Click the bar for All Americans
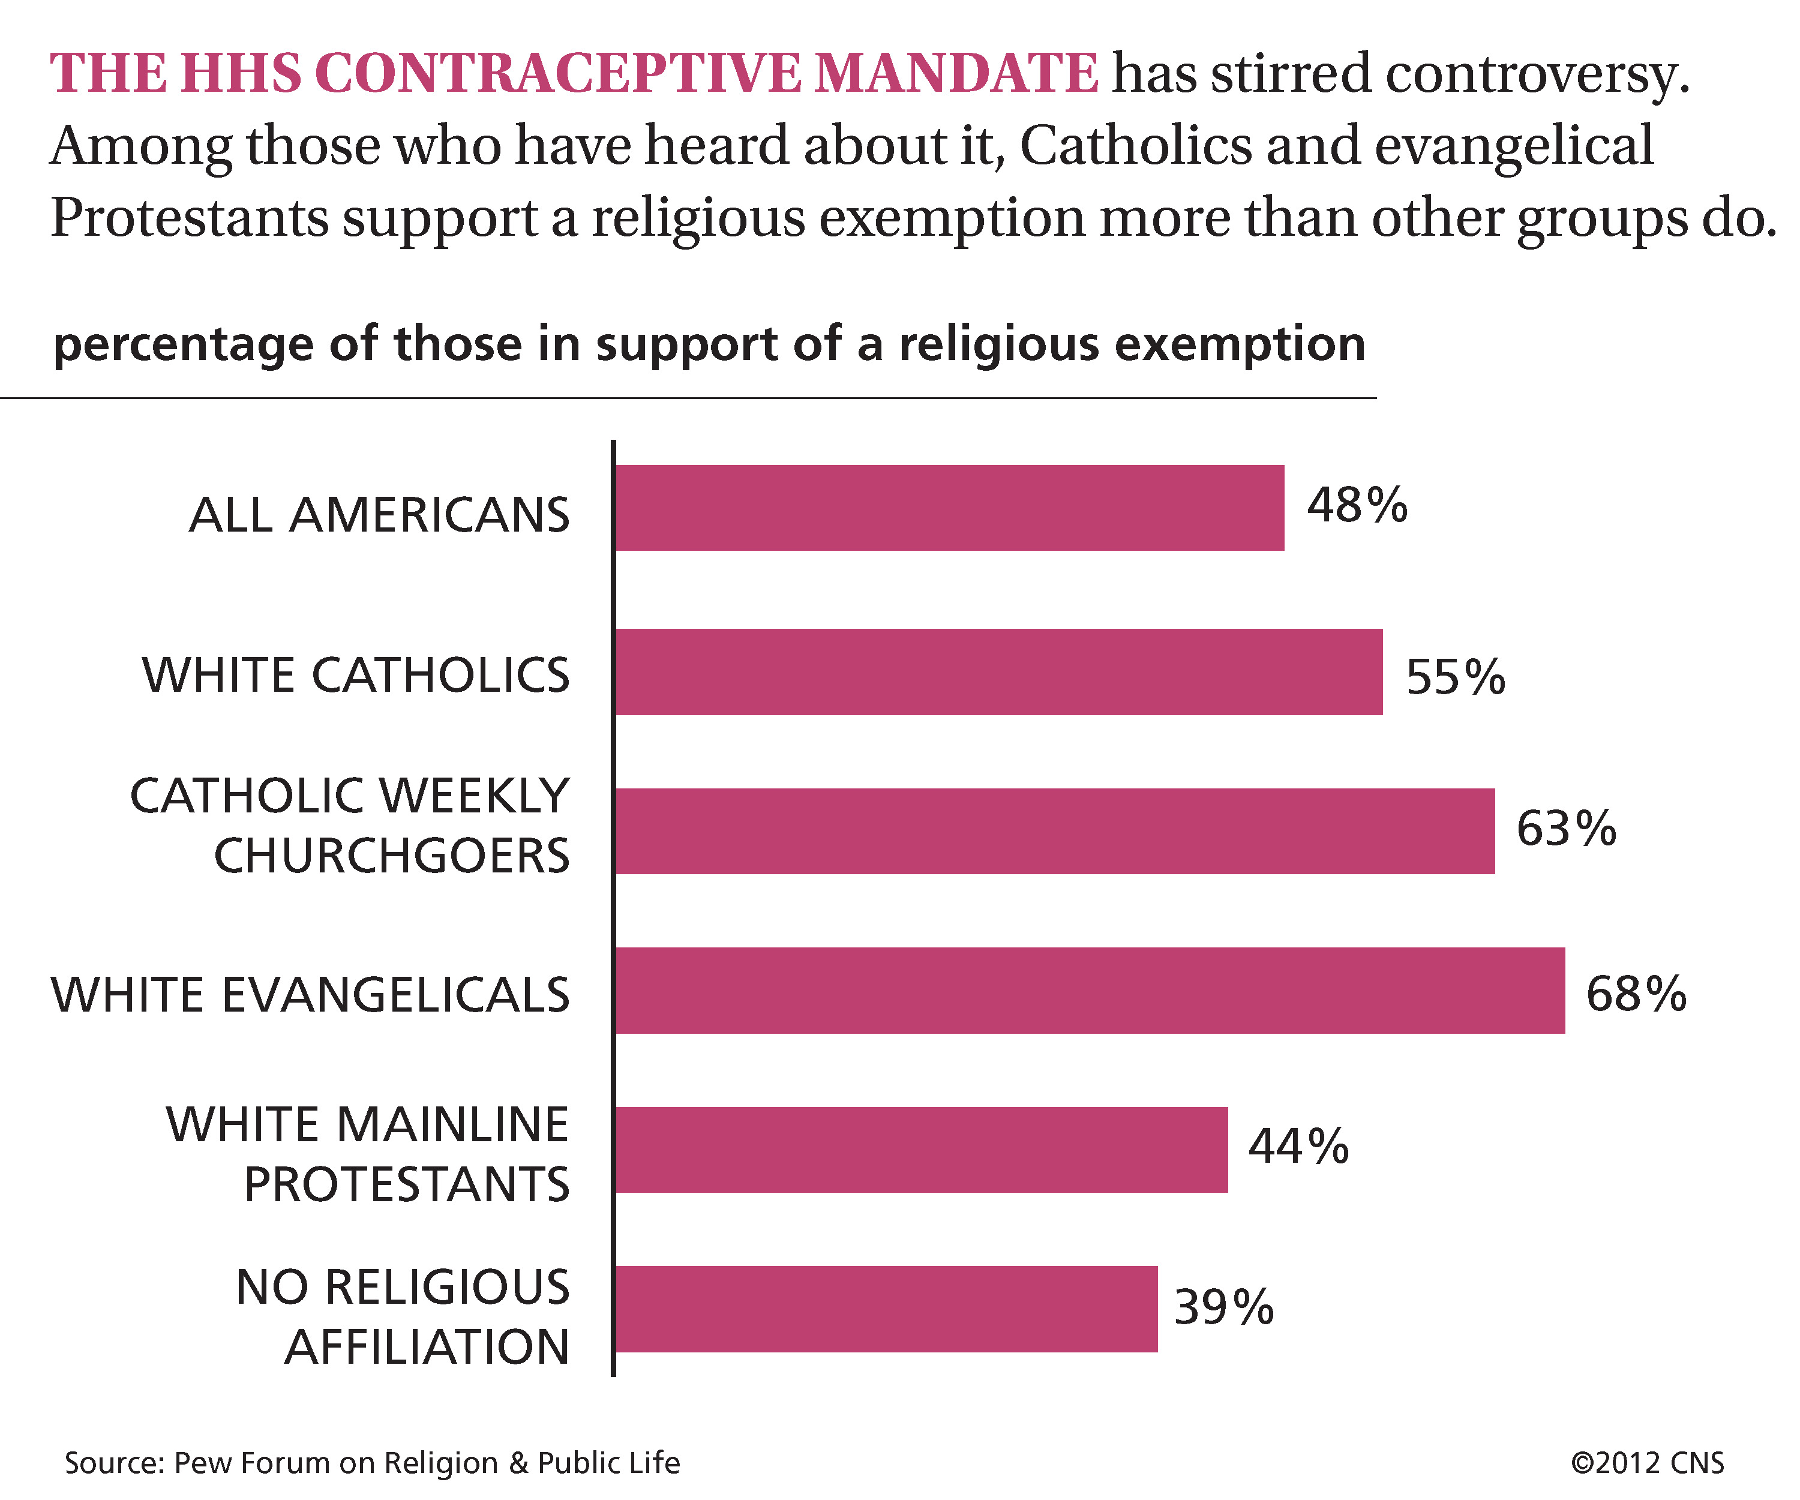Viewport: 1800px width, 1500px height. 950,508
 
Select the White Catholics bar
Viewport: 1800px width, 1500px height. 1000,672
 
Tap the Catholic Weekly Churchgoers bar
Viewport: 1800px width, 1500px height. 1055,832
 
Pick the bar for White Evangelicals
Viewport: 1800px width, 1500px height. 1090,990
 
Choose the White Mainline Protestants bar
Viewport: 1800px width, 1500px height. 922,1150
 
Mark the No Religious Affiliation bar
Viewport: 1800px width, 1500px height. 886,1309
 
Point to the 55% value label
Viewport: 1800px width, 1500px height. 1456,677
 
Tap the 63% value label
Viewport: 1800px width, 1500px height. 1566,829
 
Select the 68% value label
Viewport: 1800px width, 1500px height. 1636,994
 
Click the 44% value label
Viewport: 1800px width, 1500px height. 1298,1147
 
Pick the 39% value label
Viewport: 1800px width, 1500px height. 1224,1308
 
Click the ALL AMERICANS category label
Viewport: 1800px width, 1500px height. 379,515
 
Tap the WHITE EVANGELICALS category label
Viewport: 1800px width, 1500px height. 310,995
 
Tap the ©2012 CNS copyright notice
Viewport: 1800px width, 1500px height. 1646,1462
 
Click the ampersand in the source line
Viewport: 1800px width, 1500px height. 518,1462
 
